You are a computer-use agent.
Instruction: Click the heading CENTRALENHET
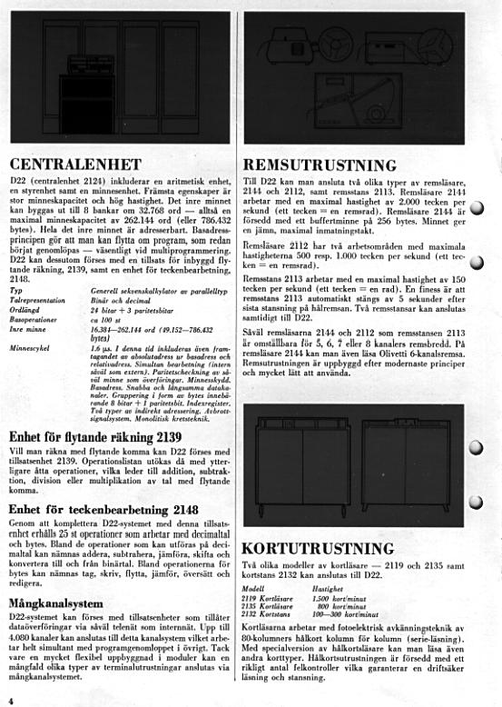tap(74, 164)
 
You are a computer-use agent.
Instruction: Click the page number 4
tap(10, 701)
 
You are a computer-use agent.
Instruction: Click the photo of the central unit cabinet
tap(119, 82)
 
